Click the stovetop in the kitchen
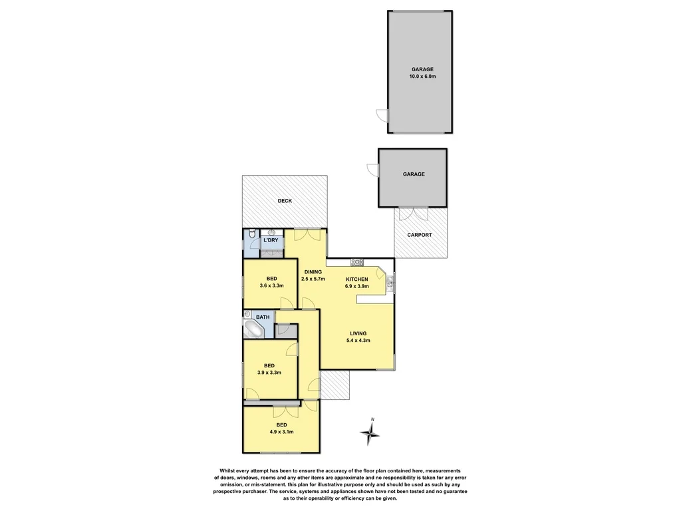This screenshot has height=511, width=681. click(x=356, y=261)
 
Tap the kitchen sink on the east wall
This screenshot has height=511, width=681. click(x=392, y=281)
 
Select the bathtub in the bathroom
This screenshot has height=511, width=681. click(x=254, y=329)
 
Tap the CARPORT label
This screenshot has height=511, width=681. click(x=420, y=235)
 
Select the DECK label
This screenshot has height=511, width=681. click(x=284, y=201)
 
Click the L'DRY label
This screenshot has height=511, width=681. click(x=271, y=240)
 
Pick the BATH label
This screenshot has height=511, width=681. click(x=263, y=317)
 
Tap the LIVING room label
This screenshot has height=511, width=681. click(x=358, y=333)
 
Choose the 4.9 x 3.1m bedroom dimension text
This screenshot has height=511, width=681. click(x=281, y=432)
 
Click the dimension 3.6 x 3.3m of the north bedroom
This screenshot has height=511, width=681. click(x=271, y=285)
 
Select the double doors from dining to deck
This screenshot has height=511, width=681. click(x=307, y=235)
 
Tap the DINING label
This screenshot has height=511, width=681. click(x=313, y=271)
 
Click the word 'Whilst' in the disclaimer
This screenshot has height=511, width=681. click(x=221, y=470)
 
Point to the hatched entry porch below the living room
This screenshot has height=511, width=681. click(x=335, y=385)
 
